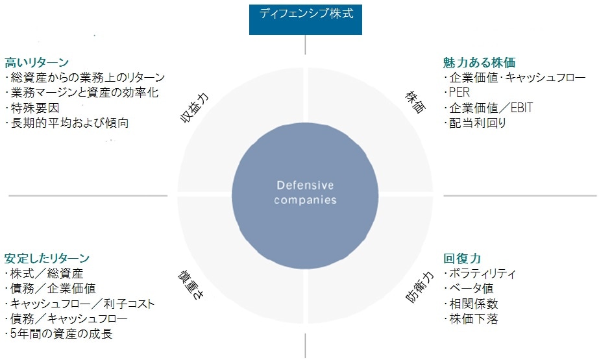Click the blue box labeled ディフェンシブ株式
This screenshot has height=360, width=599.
tap(305, 19)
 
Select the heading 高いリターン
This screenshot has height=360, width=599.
tap(37, 62)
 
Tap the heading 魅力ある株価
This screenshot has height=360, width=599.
tap(479, 62)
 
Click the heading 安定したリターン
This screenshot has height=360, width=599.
tap(47, 258)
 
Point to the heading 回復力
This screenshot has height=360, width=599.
tap(462, 258)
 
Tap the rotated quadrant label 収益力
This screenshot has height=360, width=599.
tap(195, 108)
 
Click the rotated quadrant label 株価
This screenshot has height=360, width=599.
tap(415, 102)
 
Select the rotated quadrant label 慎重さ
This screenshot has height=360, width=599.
tap(191, 284)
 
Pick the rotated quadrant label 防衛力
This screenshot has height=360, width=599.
tap(419, 287)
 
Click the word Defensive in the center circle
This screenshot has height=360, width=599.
tap(305, 186)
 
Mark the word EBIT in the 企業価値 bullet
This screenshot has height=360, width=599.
tap(522, 108)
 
